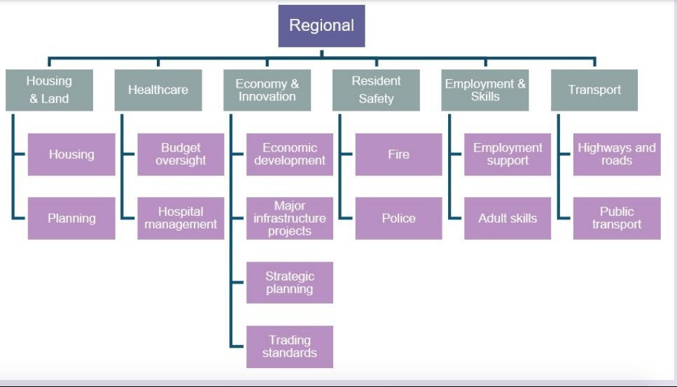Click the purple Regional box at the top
(x=321, y=26)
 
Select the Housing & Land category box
(x=49, y=90)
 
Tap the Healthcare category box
(x=158, y=90)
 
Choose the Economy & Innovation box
(x=267, y=90)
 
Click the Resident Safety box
(x=376, y=90)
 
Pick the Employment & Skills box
(x=485, y=90)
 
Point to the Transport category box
(x=594, y=90)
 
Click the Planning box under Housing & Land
(x=71, y=218)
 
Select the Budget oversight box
(x=181, y=154)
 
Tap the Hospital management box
(x=181, y=218)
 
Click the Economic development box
(x=289, y=154)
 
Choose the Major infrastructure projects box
(x=289, y=218)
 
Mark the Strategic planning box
(x=289, y=283)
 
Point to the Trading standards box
(x=289, y=346)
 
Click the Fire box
(x=398, y=154)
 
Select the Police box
(x=398, y=218)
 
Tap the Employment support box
(x=508, y=154)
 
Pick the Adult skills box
(x=508, y=218)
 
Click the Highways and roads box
(x=617, y=154)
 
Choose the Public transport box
(x=617, y=218)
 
